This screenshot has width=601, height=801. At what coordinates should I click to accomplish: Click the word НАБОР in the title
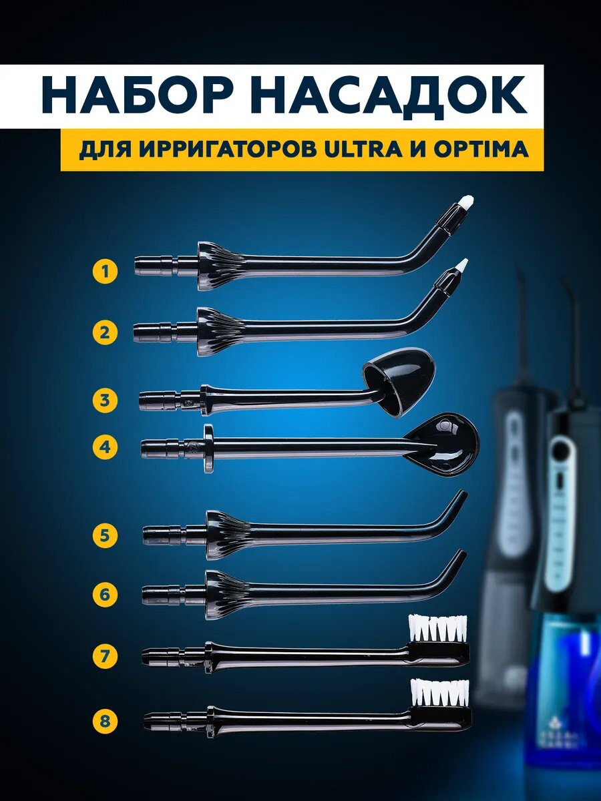[142, 97]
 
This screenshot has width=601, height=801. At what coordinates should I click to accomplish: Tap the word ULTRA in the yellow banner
[365, 150]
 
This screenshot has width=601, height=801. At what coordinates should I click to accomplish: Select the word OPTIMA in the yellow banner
[481, 150]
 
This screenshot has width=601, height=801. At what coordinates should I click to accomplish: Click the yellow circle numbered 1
[105, 272]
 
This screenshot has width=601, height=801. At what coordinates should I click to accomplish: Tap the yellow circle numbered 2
[105, 332]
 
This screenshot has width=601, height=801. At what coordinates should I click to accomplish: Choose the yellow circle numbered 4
[105, 447]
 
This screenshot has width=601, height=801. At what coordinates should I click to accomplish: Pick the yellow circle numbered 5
[105, 536]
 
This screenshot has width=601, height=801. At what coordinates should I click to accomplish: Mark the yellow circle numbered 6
[105, 594]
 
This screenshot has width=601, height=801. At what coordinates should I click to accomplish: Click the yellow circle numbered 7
[105, 656]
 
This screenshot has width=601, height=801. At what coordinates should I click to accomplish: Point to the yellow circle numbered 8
[105, 721]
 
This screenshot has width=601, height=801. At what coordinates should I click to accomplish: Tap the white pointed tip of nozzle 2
[462, 264]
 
